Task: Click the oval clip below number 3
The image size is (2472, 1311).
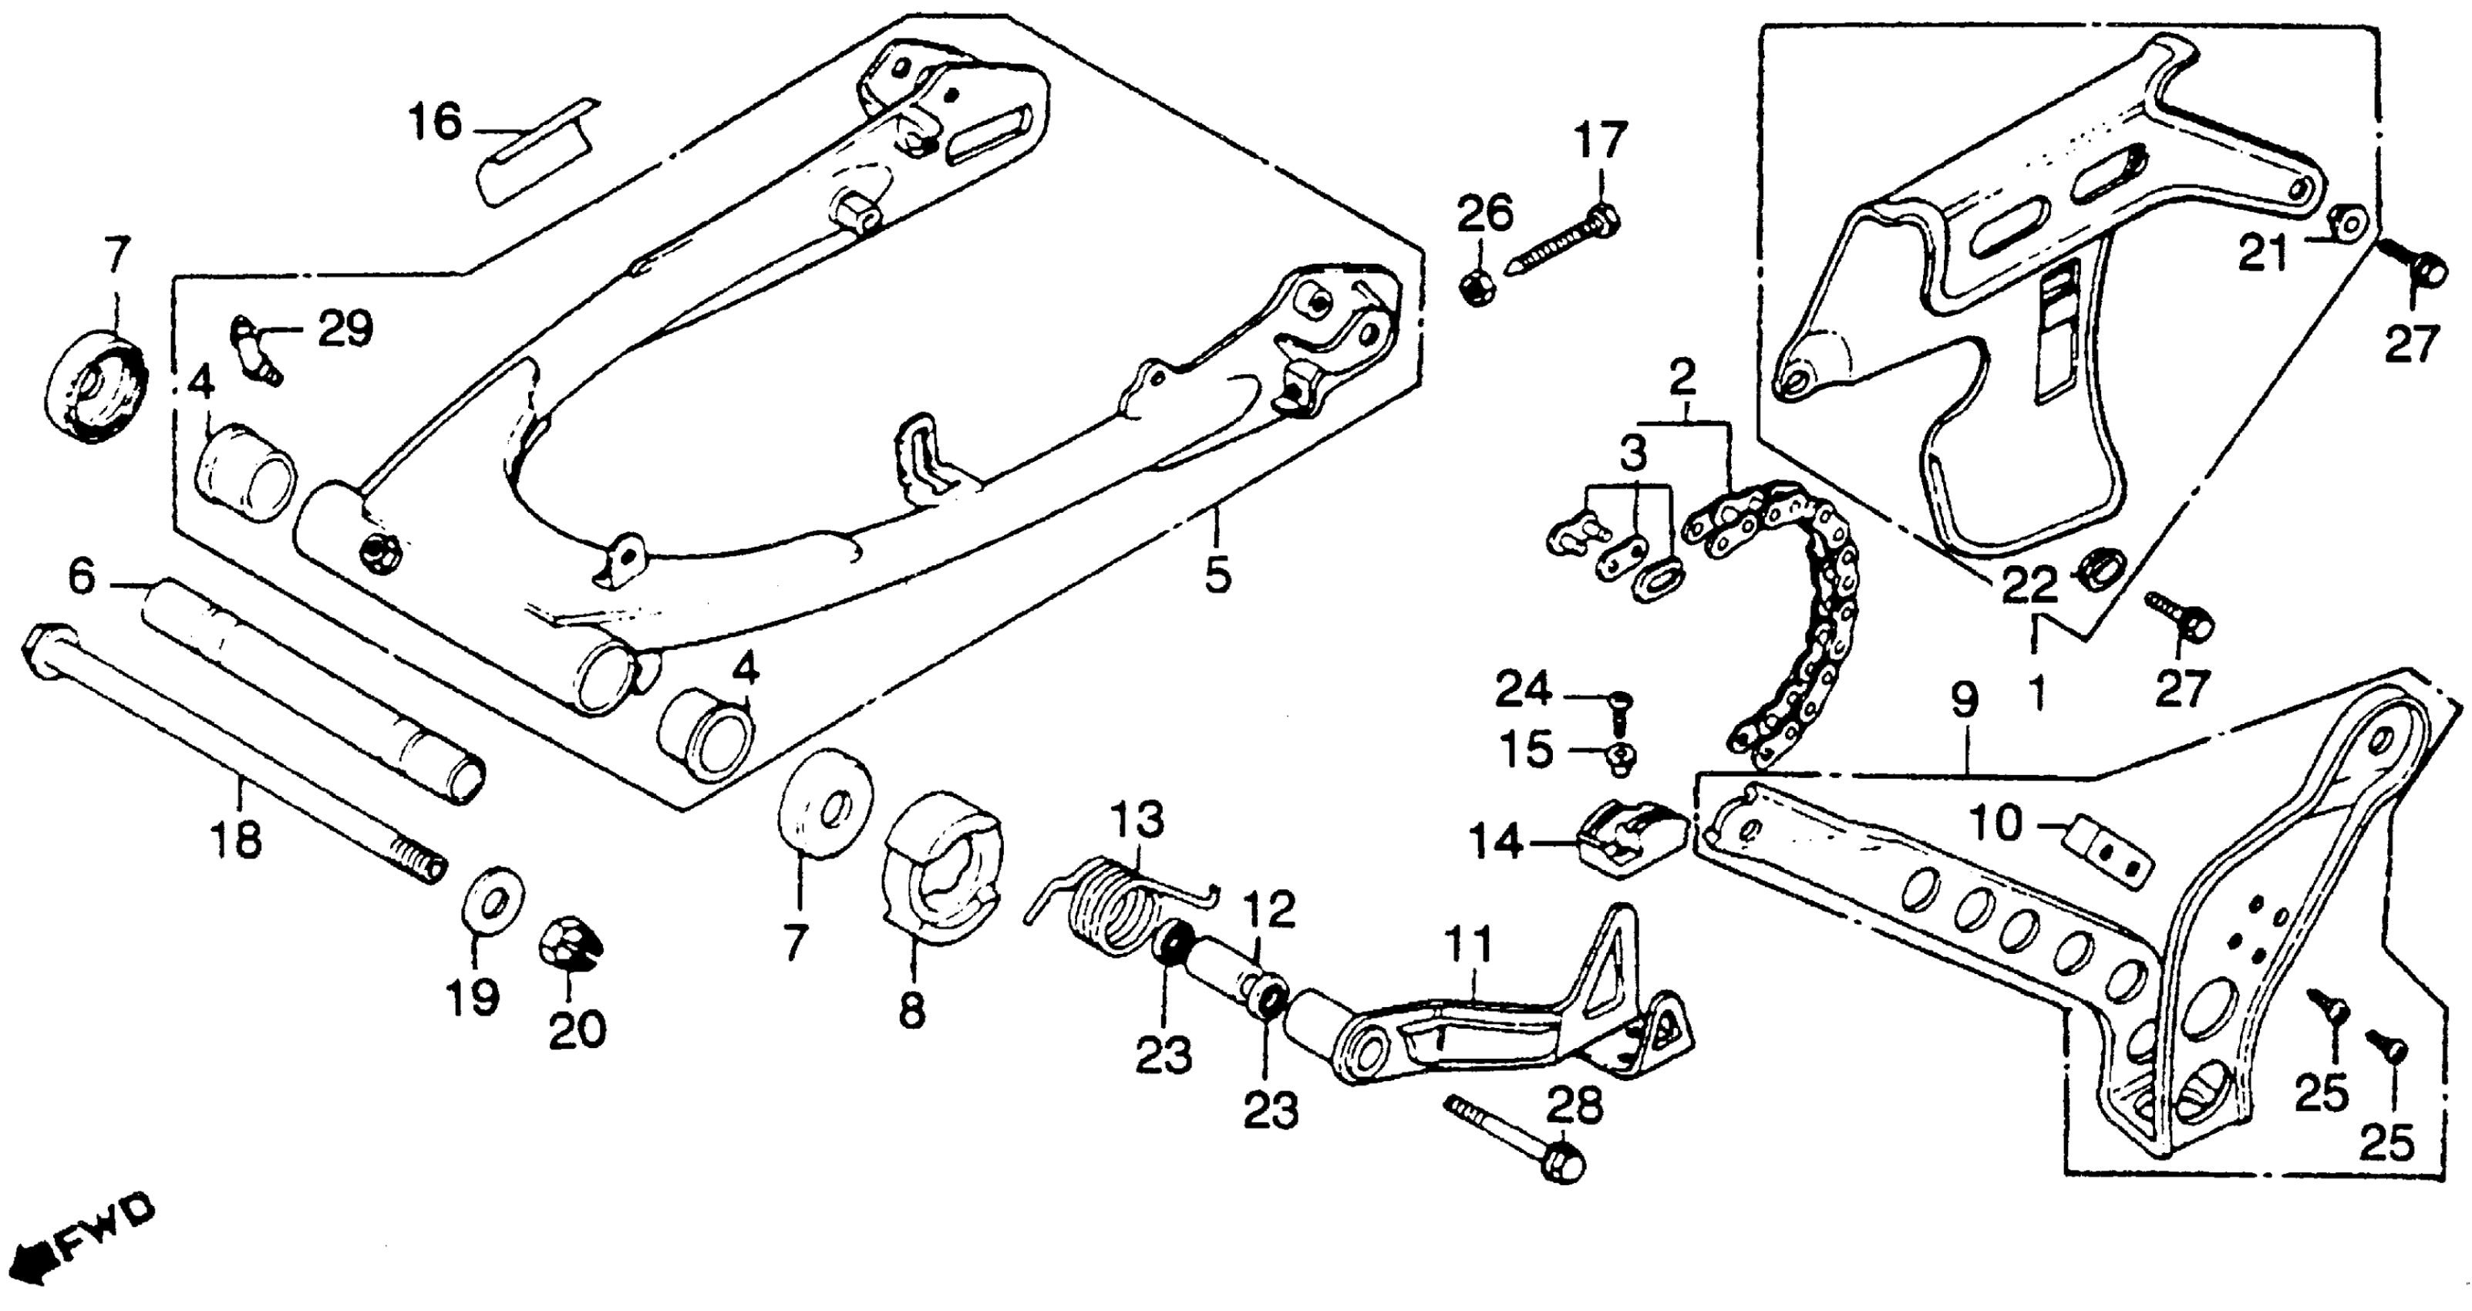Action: tap(1652, 584)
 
